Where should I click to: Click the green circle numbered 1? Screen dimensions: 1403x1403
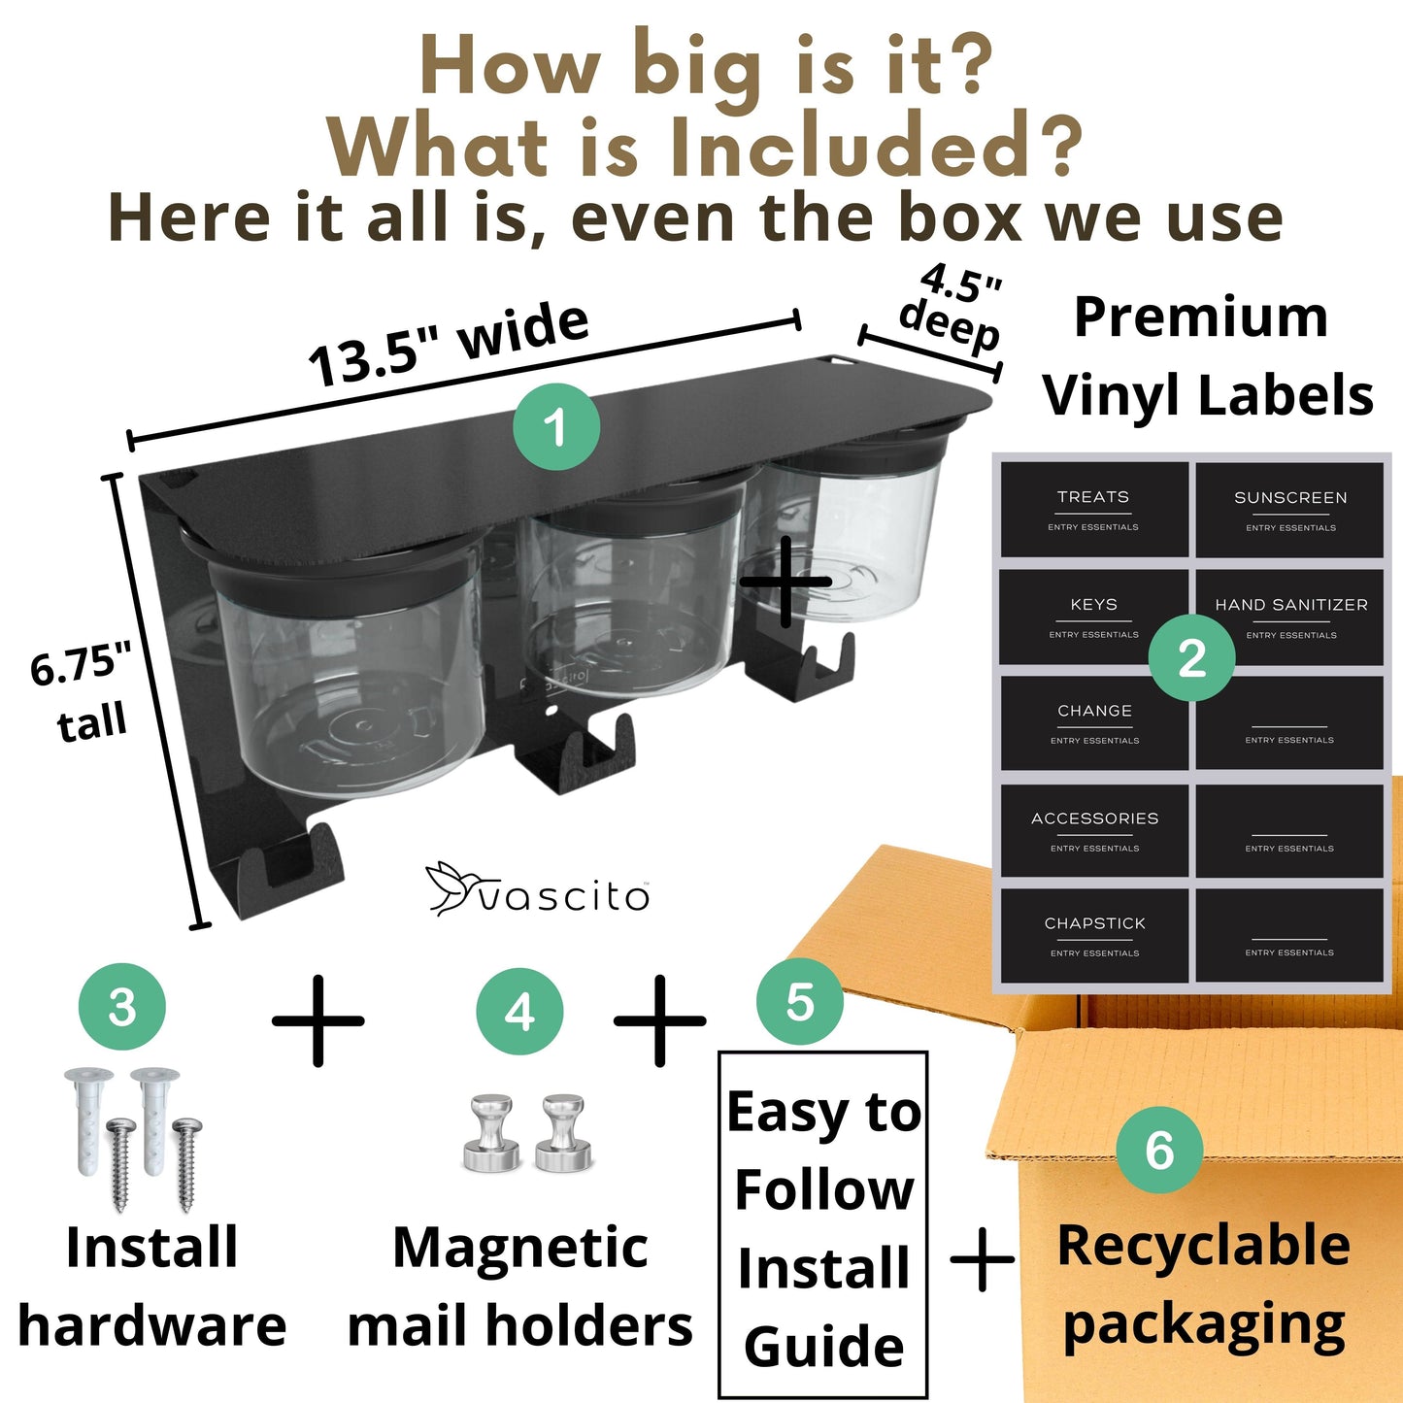coord(556,426)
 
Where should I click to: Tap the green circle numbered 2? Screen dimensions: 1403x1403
coord(1191,658)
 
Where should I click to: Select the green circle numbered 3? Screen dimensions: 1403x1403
coord(121,1006)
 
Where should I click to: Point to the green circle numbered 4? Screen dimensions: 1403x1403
coord(519,1011)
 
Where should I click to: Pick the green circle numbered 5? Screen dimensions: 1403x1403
coord(799,1002)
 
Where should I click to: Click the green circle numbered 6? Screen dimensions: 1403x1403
coord(1159,1149)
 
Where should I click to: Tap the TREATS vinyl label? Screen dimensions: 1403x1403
coord(1093,510)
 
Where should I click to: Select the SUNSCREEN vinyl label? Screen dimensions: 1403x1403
coord(1290,510)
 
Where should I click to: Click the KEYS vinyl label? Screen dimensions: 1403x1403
coord(1093,617)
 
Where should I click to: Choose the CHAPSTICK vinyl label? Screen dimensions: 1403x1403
coord(1094,936)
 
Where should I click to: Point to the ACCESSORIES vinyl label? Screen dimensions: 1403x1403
coord(1094,830)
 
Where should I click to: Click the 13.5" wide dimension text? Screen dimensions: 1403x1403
coord(449,345)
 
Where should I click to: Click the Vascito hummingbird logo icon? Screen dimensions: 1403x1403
coord(452,887)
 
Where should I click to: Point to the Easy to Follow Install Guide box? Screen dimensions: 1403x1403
coord(823,1225)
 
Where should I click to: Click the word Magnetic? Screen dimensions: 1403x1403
coord(519,1249)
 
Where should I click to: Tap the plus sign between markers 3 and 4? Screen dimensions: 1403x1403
coord(318,1020)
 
